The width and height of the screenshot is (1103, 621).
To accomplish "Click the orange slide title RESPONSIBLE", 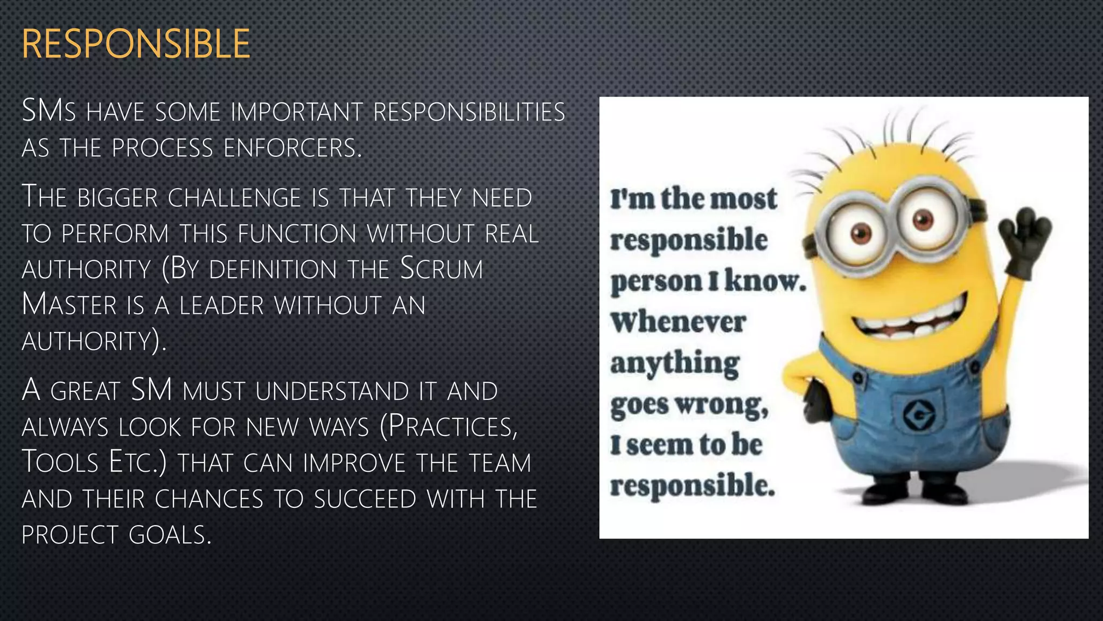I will (136, 44).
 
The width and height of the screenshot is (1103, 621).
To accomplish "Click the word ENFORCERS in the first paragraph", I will (292, 148).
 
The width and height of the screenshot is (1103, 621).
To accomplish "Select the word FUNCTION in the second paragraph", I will (297, 234).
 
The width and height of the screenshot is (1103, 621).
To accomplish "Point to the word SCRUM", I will (441, 269).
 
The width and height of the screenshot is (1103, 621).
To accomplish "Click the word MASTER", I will (69, 305).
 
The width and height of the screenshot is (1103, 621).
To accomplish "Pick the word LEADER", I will (222, 306).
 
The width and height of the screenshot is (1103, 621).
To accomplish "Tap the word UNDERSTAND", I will (332, 391).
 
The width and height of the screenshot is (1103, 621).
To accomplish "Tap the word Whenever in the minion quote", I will (678, 322).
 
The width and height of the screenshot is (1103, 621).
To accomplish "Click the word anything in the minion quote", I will (675, 363).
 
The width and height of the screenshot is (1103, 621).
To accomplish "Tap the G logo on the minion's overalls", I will (919, 415).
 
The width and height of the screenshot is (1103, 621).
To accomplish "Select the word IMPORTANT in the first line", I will (297, 113).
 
